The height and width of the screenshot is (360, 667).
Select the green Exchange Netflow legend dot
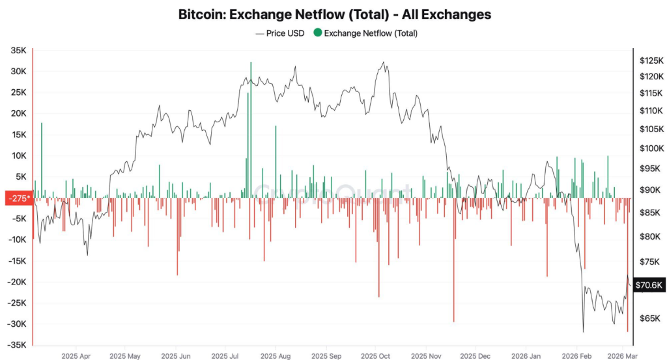click(x=317, y=33)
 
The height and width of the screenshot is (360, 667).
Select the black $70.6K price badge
click(x=648, y=284)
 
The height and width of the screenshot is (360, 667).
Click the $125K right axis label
click(x=651, y=61)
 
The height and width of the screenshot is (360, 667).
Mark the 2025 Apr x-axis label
click(x=76, y=357)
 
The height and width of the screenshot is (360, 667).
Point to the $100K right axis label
click(x=651, y=148)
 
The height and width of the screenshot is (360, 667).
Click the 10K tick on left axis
click(x=18, y=156)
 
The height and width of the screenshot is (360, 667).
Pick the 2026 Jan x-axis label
click(x=525, y=357)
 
